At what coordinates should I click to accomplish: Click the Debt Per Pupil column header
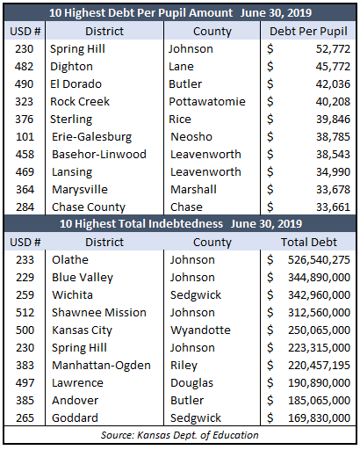[308, 32]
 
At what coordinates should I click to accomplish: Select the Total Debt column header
[309, 243]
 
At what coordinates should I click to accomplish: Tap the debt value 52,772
[333, 49]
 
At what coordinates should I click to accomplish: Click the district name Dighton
[71, 67]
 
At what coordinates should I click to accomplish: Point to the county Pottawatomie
[207, 102]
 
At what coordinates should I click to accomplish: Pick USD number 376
[25, 120]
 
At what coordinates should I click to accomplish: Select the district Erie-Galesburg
[91, 137]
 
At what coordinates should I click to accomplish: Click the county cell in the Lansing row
[205, 172]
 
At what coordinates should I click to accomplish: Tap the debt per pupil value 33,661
[333, 207]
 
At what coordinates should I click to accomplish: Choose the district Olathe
[70, 260]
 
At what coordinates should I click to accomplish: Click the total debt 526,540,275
[319, 260]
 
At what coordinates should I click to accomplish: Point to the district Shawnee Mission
[99, 313]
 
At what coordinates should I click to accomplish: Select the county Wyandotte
[200, 330]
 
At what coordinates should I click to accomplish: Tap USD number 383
[25, 366]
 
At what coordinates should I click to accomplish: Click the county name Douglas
[192, 383]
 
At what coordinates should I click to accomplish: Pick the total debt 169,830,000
[319, 418]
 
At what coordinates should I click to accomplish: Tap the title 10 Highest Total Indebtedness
[141, 224]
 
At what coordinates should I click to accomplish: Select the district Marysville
[80, 190]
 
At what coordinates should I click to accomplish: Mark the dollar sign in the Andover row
[270, 401]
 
